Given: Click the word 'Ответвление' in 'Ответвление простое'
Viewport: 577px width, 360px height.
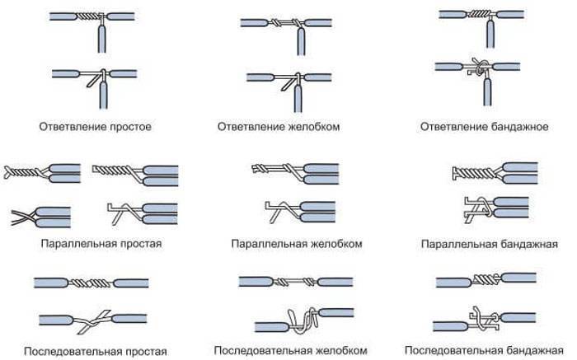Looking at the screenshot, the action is click(x=69, y=127).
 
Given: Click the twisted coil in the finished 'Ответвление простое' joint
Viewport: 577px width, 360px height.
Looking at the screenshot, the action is click(x=88, y=16).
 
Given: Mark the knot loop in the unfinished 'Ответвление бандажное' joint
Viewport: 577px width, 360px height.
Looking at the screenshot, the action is click(x=480, y=67).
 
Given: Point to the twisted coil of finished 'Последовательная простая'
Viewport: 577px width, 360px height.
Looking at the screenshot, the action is click(x=90, y=283).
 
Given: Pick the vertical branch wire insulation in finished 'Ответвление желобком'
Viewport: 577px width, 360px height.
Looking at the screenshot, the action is click(x=301, y=41).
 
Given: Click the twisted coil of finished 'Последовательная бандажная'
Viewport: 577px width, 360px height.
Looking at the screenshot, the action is click(x=486, y=279).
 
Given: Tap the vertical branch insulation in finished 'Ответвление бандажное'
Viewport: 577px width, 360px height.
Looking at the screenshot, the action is click(x=490, y=34).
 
